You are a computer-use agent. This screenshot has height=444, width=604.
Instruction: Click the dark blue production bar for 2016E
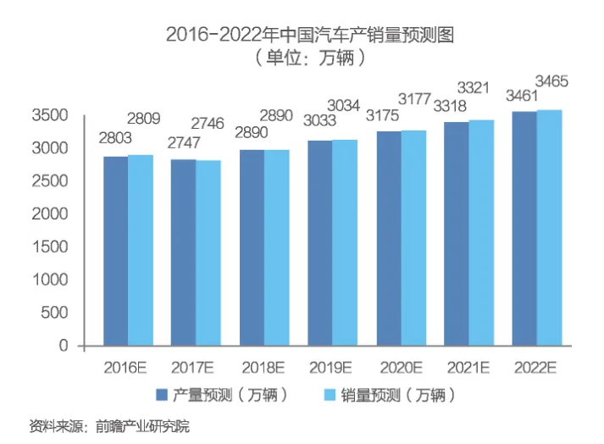click(116, 251)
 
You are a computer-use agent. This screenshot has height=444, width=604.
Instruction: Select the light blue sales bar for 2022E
click(549, 227)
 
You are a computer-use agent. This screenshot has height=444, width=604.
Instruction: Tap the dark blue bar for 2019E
click(320, 242)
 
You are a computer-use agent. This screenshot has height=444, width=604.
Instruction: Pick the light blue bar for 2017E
click(208, 253)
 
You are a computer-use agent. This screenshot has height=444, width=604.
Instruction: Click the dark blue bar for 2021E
click(457, 233)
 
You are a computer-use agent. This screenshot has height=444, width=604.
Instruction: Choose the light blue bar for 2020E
click(413, 237)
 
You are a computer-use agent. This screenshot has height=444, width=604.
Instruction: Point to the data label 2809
click(143, 119)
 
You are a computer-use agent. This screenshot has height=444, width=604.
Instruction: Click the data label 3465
click(551, 81)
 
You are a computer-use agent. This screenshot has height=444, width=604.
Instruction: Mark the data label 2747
click(183, 142)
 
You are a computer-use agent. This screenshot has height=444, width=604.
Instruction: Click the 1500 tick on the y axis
click(52, 247)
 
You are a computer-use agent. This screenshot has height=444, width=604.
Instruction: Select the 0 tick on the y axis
click(64, 346)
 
